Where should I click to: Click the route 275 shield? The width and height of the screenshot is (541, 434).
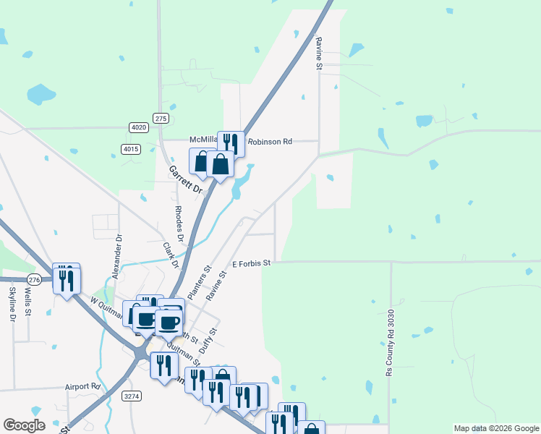pos(161,118)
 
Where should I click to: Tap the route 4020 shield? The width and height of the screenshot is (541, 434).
pos(139,127)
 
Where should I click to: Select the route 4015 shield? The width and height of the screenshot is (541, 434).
pos(130,149)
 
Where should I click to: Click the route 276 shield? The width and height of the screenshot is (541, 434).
pos(34,279)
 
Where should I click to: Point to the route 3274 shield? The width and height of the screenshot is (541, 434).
pos(132,396)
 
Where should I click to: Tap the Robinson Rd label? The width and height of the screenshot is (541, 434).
pos(270,142)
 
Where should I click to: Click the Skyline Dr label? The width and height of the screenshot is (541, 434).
pos(12,304)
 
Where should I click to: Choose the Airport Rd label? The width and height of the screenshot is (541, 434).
pos(82,387)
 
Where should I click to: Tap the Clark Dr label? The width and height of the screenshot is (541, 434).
pos(171,255)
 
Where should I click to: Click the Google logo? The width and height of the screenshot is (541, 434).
pos(24,425)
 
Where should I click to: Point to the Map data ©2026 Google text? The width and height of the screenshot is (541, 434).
pos(495,428)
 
